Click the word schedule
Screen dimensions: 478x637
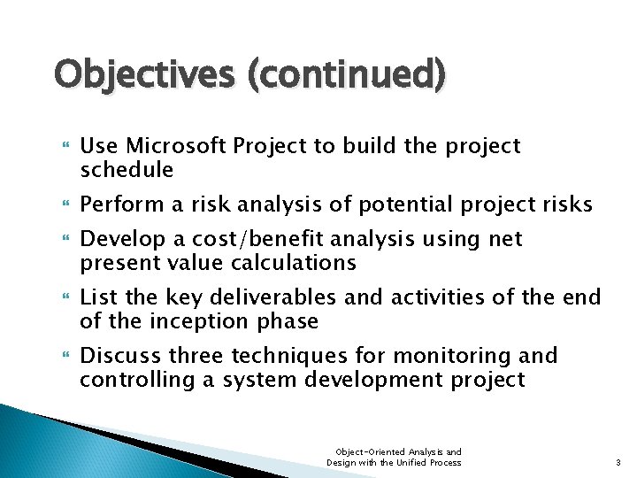pos(127,169)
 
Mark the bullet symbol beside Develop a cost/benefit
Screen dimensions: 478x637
pos(60,240)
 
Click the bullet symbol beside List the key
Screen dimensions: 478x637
pos(60,298)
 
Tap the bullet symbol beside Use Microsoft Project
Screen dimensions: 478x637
pos(60,146)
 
